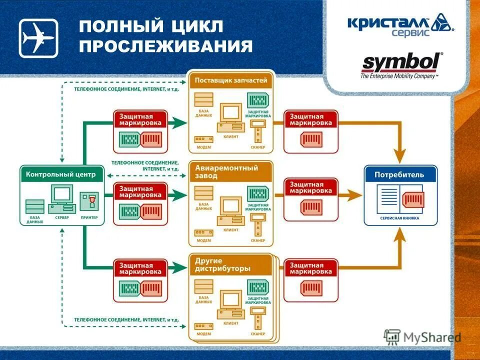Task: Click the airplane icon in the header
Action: tap(38, 38)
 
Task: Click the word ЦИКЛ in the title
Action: tap(195, 27)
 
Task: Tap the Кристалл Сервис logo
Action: tap(400, 25)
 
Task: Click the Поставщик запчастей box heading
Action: tap(231, 80)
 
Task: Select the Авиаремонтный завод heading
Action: tap(226, 171)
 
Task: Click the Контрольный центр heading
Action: tap(61, 174)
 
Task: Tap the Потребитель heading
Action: tap(400, 174)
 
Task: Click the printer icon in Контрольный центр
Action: tap(91, 202)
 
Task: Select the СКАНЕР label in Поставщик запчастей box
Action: tap(258, 147)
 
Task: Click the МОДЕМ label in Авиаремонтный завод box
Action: tap(203, 240)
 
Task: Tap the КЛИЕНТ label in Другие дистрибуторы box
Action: tap(231, 323)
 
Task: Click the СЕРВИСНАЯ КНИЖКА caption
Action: tap(399, 218)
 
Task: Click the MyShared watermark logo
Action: tap(422, 337)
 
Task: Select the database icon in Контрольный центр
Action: tap(34, 206)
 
